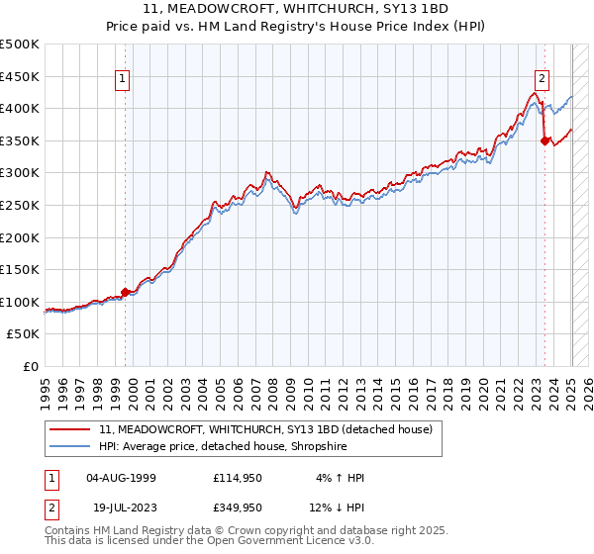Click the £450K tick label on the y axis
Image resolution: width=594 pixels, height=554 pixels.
pyautogui.click(x=20, y=76)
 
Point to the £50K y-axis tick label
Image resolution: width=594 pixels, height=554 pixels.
pyautogui.click(x=24, y=334)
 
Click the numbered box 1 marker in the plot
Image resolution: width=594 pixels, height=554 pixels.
pyautogui.click(x=123, y=81)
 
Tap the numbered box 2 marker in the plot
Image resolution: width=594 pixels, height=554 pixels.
pyautogui.click(x=543, y=81)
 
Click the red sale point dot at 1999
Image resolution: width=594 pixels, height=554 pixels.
pyautogui.click(x=125, y=292)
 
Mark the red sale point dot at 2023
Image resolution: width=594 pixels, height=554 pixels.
pyautogui.click(x=544, y=140)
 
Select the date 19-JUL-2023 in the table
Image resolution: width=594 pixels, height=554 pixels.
pyautogui.click(x=121, y=508)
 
